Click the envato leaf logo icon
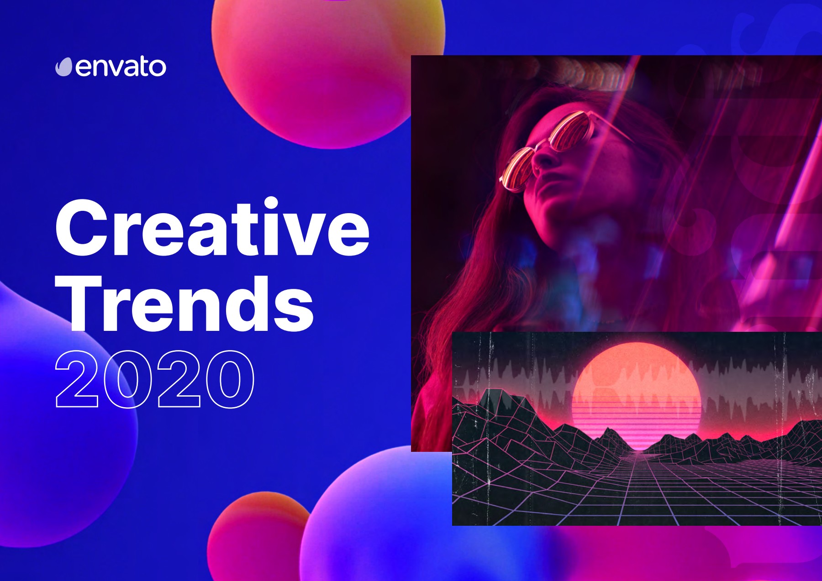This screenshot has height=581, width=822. (x=64, y=67)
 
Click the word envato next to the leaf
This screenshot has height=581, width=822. (x=121, y=67)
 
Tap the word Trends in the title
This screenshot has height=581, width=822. (x=184, y=304)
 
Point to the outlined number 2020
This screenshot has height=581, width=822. (x=154, y=379)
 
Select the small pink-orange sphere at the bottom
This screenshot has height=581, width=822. (x=256, y=539)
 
